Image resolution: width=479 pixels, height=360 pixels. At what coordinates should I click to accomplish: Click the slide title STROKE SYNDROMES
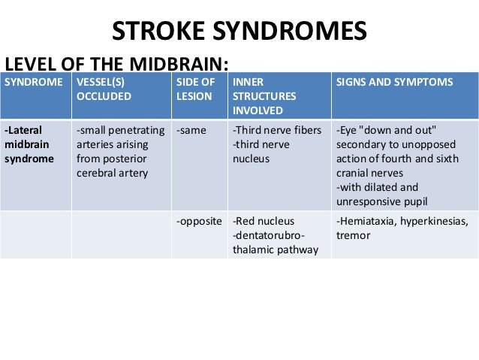pos(239,32)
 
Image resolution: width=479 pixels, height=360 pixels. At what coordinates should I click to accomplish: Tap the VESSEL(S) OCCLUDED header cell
pos(104,89)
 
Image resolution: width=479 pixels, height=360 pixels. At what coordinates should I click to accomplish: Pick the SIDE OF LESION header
pos(195,89)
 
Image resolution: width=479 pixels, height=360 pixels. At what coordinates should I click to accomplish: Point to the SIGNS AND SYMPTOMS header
pos(395,82)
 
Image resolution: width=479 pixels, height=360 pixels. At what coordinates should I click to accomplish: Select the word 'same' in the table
pos(192,131)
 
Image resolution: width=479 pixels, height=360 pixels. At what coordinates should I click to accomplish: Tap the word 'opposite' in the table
pos(200,222)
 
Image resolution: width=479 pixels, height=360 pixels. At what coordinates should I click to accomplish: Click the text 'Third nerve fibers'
pos(271,131)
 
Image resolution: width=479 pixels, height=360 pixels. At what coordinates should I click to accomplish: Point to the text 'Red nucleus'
pos(265,222)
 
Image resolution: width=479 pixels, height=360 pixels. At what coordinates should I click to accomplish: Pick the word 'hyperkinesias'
pos(437,222)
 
